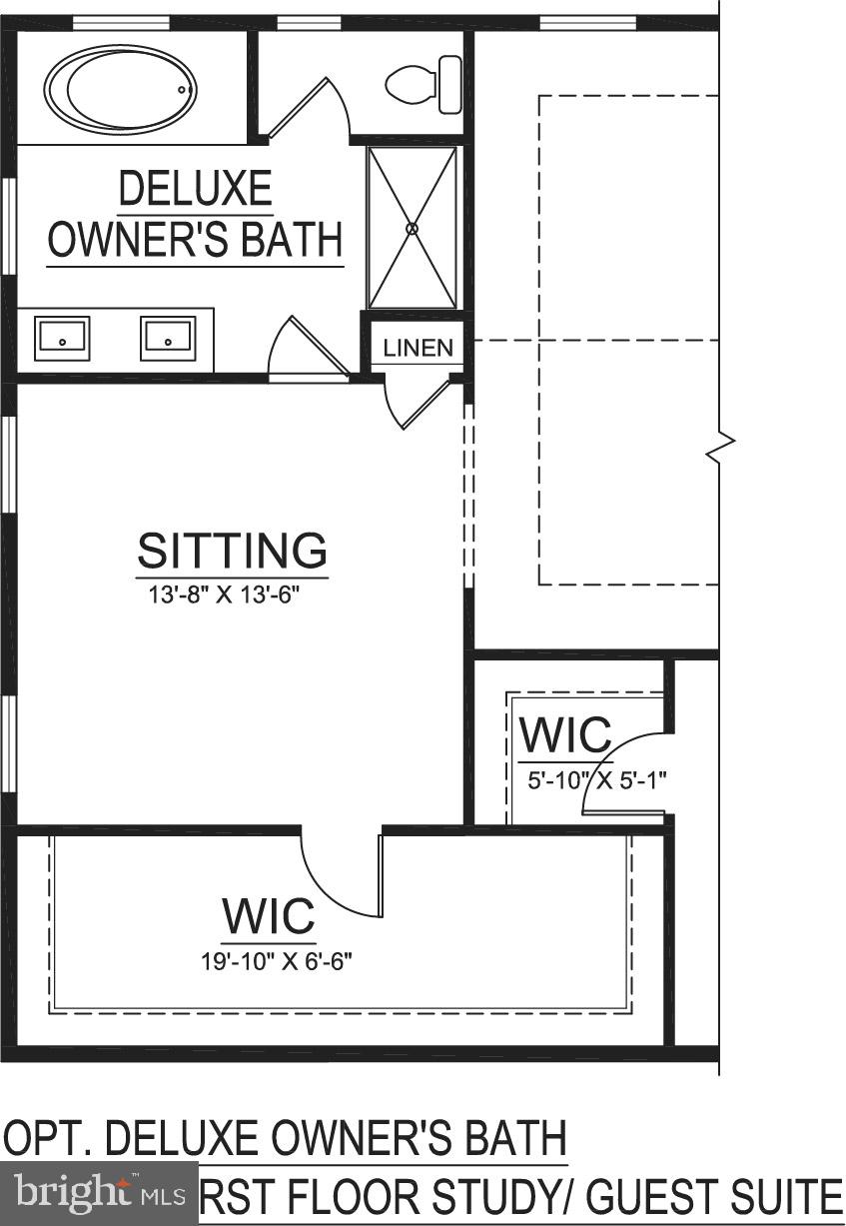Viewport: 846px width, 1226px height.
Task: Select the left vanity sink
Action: [62, 338]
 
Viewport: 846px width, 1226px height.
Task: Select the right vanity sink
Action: [167, 338]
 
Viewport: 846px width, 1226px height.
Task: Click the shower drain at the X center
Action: [412, 229]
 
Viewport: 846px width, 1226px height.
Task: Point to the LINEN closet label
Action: [419, 349]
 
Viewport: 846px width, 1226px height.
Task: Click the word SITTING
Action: [233, 551]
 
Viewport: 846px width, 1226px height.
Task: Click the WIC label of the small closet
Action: [565, 736]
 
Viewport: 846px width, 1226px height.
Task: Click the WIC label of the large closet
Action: [269, 915]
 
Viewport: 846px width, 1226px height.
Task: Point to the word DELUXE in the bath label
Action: [195, 189]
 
